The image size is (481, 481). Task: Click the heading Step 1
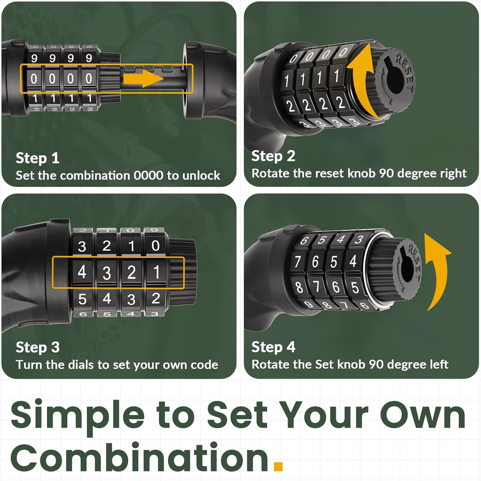click(x=38, y=158)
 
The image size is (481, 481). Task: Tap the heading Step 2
click(x=273, y=156)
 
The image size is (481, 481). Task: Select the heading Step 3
click(x=38, y=347)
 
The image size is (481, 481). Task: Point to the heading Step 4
click(x=273, y=347)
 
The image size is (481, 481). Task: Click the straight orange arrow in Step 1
click(x=143, y=79)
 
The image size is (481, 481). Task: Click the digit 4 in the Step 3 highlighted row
click(x=82, y=273)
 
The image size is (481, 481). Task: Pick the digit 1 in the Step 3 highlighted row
click(x=156, y=273)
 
